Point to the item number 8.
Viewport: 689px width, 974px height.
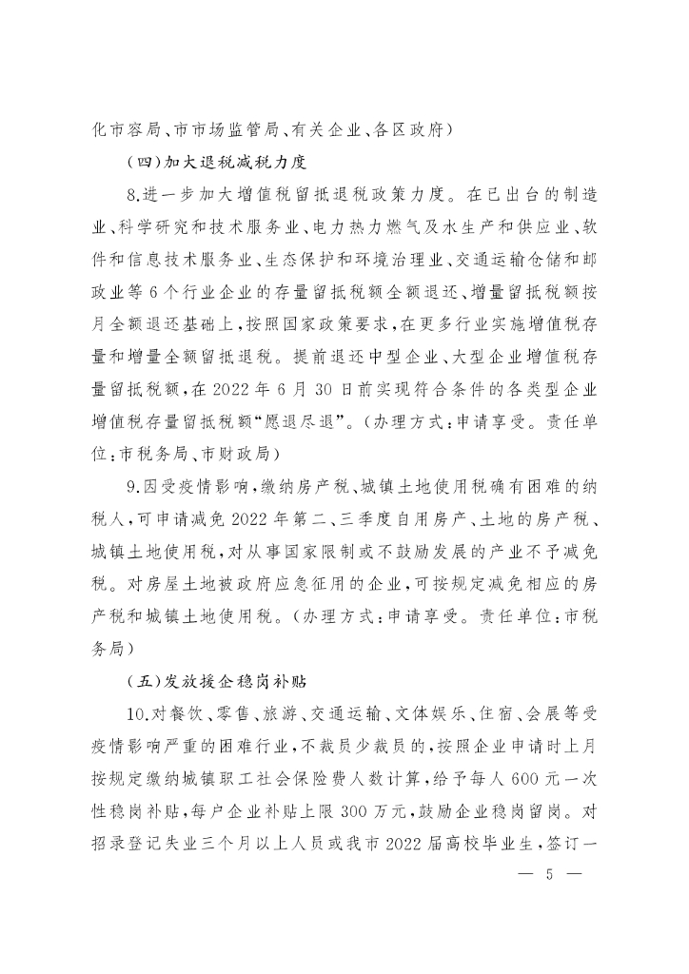[131, 198]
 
